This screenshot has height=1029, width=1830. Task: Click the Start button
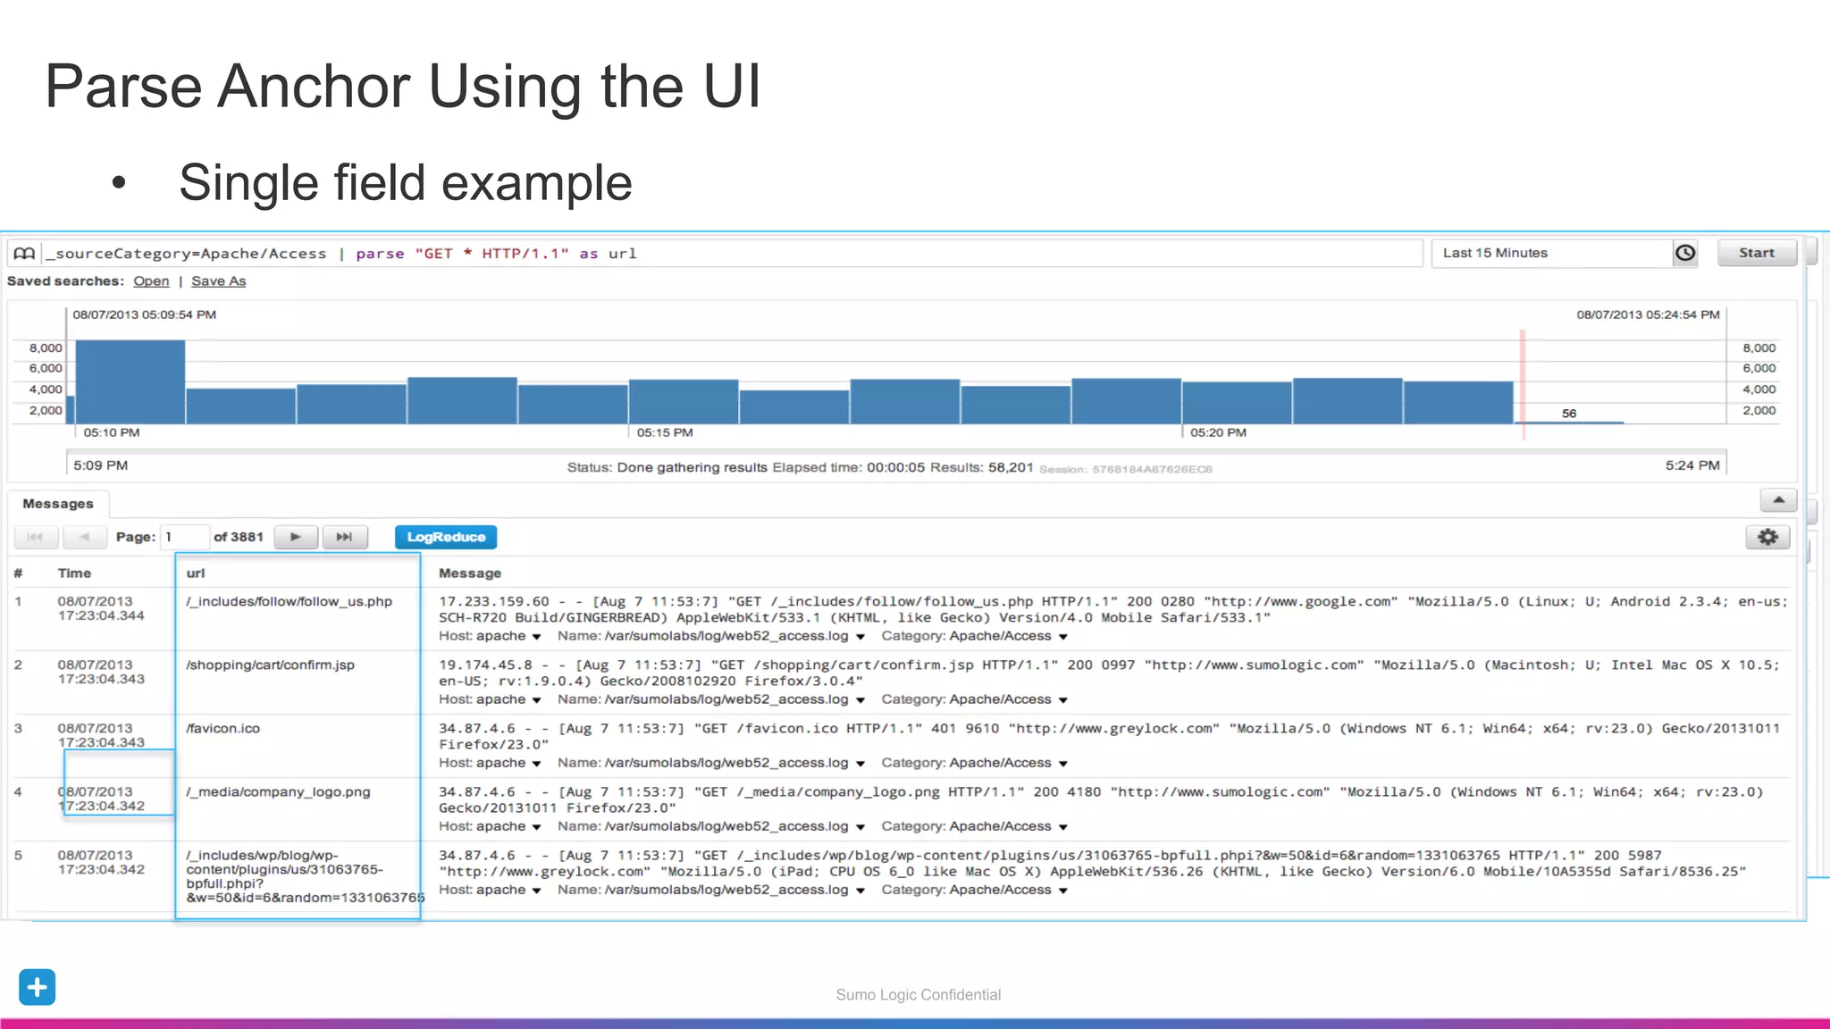coord(1756,253)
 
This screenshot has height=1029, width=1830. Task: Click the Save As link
coord(218,281)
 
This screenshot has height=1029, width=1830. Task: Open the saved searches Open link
coord(151,281)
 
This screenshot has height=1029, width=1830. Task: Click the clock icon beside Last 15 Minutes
coord(1685,253)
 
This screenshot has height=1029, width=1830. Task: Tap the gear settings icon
coord(1767,537)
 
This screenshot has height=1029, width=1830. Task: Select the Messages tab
coord(58,504)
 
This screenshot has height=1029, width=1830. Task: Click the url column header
coord(196,573)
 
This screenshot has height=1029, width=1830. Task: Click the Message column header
coord(470,573)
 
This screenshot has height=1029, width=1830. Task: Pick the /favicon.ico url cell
coord(223,729)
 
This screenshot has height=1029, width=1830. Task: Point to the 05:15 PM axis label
coord(665,433)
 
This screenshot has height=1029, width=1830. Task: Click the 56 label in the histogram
coord(1569,414)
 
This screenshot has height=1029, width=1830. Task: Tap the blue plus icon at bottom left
coord(37,987)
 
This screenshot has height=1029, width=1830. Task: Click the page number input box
coord(185,537)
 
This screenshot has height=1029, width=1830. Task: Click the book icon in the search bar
coord(24,254)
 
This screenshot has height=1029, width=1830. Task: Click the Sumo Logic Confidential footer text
coord(918,995)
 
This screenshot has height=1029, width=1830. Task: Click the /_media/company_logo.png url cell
coord(278,792)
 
